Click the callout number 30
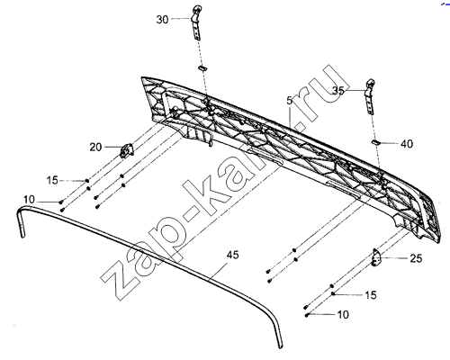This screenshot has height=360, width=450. tap(162, 20)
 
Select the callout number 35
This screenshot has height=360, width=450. tap(338, 90)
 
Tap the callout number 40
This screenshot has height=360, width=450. tap(407, 144)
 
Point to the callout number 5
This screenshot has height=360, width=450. tap(289, 101)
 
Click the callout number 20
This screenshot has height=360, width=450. tap(95, 148)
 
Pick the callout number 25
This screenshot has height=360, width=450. tap(416, 258)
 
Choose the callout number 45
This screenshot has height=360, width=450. tap(232, 255)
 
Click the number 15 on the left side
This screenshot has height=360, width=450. tap(52, 181)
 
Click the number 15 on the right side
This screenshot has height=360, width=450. tap(371, 295)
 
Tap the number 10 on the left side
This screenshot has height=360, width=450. tap(29, 200)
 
